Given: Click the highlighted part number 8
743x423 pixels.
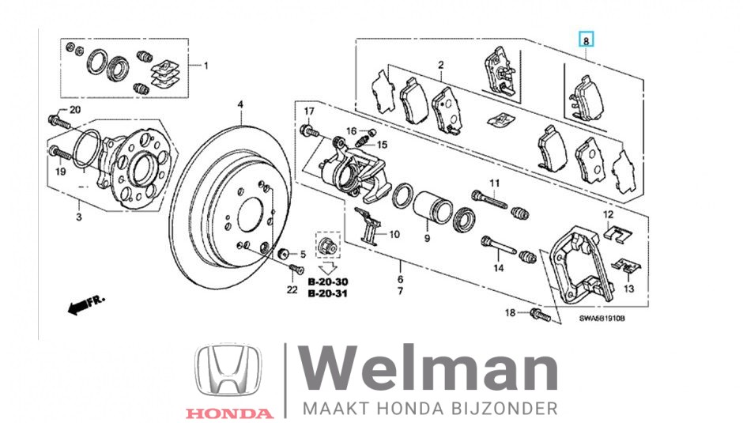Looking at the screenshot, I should (x=586, y=39).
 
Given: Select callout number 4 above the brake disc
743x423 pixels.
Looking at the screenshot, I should (x=241, y=104).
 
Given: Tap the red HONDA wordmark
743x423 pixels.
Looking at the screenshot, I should (x=229, y=413).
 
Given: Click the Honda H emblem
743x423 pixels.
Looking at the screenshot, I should (x=229, y=371).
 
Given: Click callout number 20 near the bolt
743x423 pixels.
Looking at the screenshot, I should (x=75, y=110).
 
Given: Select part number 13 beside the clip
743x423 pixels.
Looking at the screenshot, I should (x=629, y=289).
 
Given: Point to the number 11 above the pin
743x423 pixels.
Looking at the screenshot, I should (x=495, y=184).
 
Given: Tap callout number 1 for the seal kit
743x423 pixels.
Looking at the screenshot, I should (x=207, y=66).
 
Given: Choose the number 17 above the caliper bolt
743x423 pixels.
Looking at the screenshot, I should (x=309, y=110).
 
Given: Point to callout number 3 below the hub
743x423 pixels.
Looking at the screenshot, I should (x=79, y=217).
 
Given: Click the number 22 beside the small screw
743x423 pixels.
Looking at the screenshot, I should (x=292, y=290).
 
